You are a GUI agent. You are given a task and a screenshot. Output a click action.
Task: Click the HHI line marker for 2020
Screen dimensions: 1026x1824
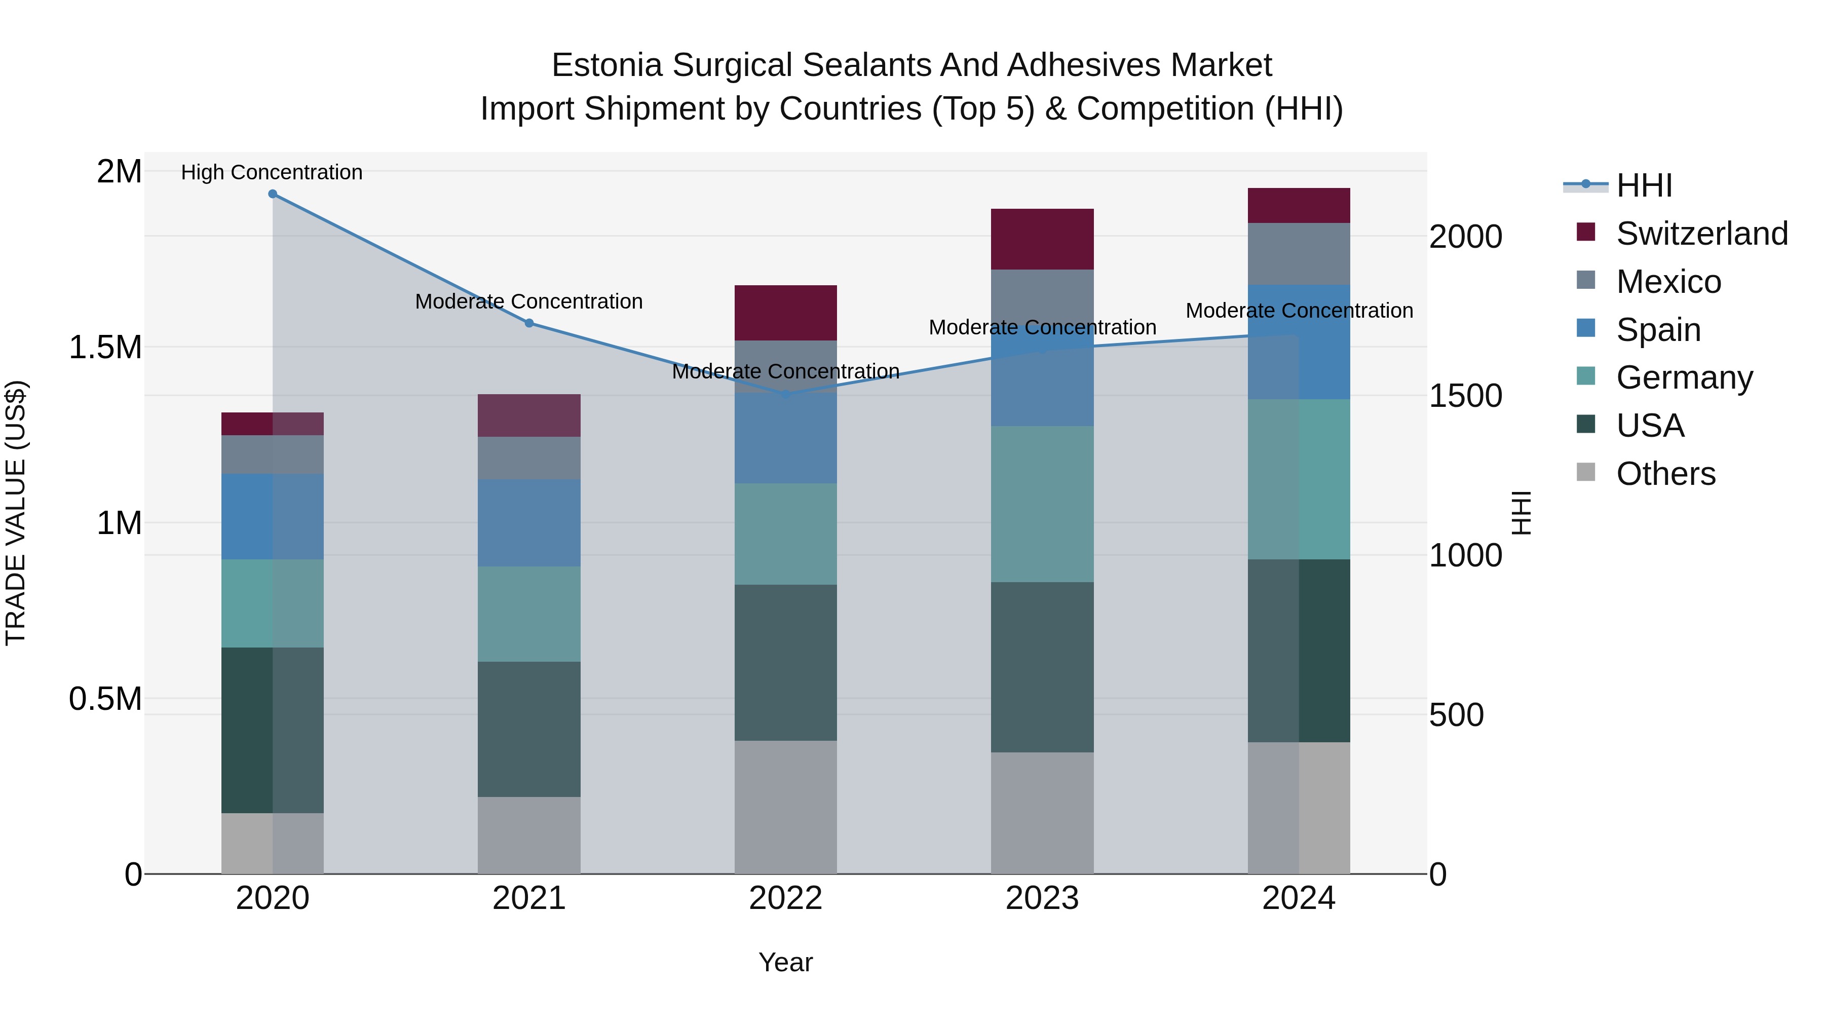pos(273,194)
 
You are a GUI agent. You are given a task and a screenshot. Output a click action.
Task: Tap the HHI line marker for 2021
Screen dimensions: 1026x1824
pos(529,323)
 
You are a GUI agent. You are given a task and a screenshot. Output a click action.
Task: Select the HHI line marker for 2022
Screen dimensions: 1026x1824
pos(785,394)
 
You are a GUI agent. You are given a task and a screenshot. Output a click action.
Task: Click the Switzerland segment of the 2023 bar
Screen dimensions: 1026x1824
pos(1042,239)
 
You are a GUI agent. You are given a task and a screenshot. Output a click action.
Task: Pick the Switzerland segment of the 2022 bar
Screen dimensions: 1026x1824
pos(785,313)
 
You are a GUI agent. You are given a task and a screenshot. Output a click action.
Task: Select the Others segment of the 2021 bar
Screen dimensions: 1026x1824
pos(529,835)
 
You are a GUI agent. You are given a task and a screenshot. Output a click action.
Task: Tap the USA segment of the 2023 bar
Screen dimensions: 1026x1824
pos(1042,667)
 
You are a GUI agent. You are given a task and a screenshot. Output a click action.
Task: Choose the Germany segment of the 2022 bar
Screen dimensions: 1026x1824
pos(785,534)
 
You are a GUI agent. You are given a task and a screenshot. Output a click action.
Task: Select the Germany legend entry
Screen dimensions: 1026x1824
pos(1684,377)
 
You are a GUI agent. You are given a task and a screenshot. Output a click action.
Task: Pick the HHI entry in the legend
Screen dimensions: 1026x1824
pos(1643,185)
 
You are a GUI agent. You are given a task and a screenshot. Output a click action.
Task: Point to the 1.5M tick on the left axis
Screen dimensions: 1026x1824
pos(105,348)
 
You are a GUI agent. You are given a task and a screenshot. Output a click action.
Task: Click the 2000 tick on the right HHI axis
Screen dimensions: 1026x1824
pos(1465,237)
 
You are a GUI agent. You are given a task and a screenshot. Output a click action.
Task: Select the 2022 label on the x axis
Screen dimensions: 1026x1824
pos(785,898)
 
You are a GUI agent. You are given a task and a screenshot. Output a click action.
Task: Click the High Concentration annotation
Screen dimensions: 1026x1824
pos(272,172)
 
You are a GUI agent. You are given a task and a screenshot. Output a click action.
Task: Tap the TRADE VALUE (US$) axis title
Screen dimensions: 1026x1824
pos(16,513)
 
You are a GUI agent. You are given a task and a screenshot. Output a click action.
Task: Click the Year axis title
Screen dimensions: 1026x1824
pos(785,962)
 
